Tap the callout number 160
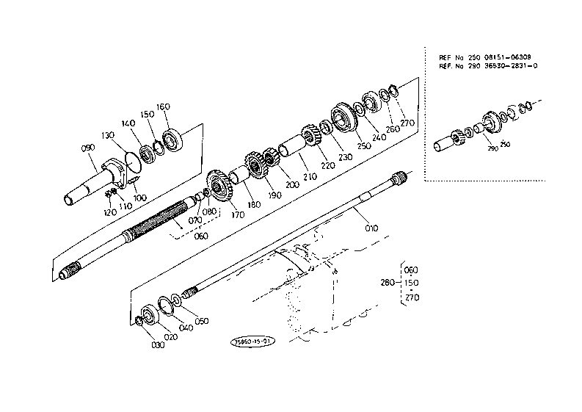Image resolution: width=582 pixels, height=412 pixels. coord(163,107)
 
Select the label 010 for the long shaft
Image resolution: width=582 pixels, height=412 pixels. coord(371,228)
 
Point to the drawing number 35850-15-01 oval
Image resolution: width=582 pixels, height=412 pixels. coord(252,341)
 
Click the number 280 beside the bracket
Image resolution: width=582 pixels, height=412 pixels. coord(388,283)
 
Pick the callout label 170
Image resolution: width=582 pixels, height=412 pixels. coord(238,215)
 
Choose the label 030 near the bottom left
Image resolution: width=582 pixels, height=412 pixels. coord(157,344)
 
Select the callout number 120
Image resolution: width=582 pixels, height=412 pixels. coord(109,212)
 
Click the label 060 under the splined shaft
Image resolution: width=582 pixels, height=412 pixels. coord(200,236)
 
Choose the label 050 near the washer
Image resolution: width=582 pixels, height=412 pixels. coord(200,321)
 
